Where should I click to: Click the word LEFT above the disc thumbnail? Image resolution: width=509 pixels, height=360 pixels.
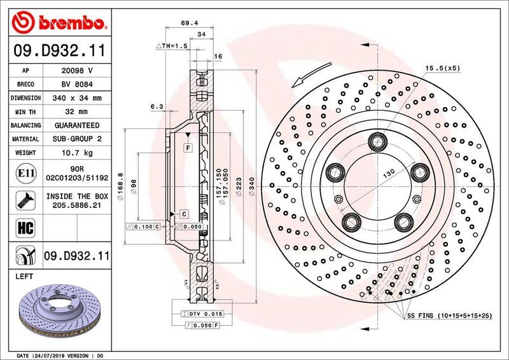coord(24,277)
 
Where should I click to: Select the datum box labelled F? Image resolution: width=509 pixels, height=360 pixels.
coord(188,148)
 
